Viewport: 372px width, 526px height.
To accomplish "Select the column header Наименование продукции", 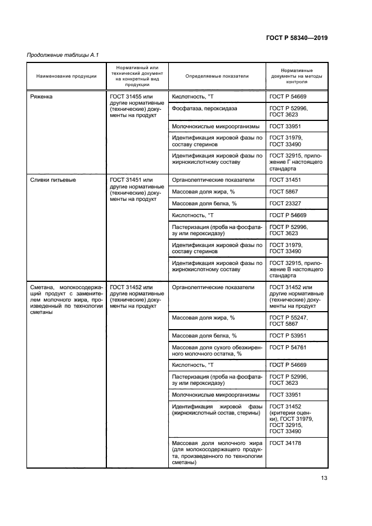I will coord(66,77).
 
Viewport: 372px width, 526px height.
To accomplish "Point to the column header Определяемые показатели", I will coord(217,77).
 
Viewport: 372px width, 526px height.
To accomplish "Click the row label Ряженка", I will coord(43,97).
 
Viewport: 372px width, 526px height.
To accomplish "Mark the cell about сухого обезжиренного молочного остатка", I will coord(217,350).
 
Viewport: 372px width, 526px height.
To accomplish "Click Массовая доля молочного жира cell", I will coord(217,453).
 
